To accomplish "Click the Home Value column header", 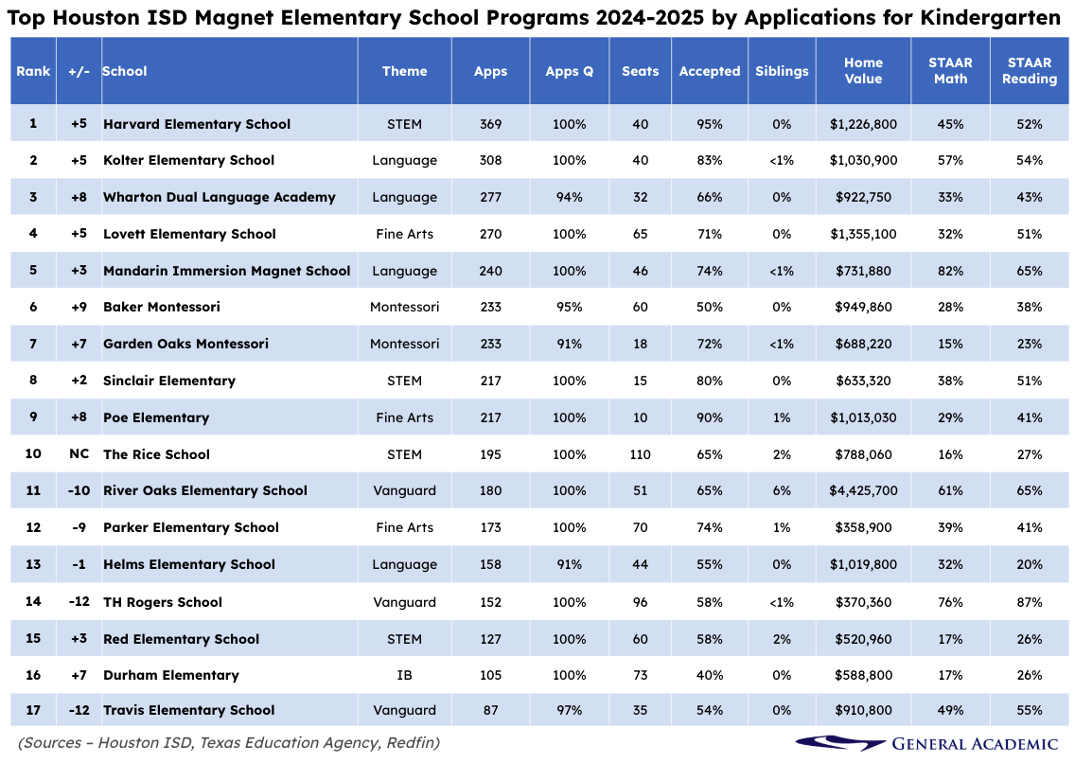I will (863, 71).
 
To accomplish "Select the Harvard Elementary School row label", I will (197, 124).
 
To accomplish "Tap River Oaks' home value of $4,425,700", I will (863, 490).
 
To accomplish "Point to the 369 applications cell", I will (490, 124).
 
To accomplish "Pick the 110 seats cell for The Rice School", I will (640, 454).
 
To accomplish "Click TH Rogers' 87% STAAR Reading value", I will (1030, 602).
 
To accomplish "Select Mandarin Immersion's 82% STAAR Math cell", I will (950, 271).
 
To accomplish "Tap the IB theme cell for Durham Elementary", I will (404, 675).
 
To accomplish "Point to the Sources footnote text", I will (228, 743).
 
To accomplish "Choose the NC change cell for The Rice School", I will (79, 454).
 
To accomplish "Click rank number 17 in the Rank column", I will (33, 710).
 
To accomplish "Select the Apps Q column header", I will (569, 71).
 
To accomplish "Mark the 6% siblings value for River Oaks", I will (782, 490).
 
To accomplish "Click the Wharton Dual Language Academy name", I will (220, 197).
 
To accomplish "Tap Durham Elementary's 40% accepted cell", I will (709, 675).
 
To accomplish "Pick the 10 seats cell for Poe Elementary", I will (640, 417).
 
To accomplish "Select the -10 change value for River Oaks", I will (79, 490).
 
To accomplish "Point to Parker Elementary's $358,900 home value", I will (863, 527).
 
